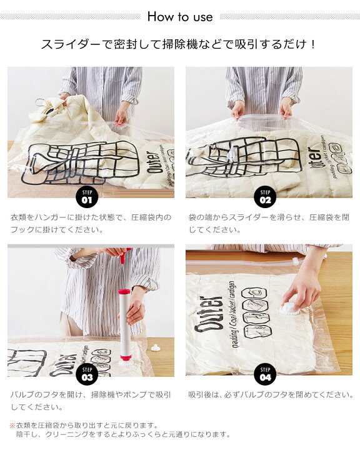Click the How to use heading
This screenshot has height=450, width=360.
180,17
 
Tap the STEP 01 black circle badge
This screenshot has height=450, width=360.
87,198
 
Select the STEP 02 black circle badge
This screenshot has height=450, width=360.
265,198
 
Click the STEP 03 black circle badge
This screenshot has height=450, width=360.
87,375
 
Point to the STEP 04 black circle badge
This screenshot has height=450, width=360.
265,375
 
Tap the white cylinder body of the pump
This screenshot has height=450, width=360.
125,324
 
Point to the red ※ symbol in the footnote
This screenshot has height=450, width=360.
12,426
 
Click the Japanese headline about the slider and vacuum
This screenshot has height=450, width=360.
178,44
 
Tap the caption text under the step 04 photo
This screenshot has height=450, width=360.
271,395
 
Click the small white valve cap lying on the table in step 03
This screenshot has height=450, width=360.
156,347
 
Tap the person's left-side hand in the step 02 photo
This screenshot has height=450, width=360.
238,110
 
